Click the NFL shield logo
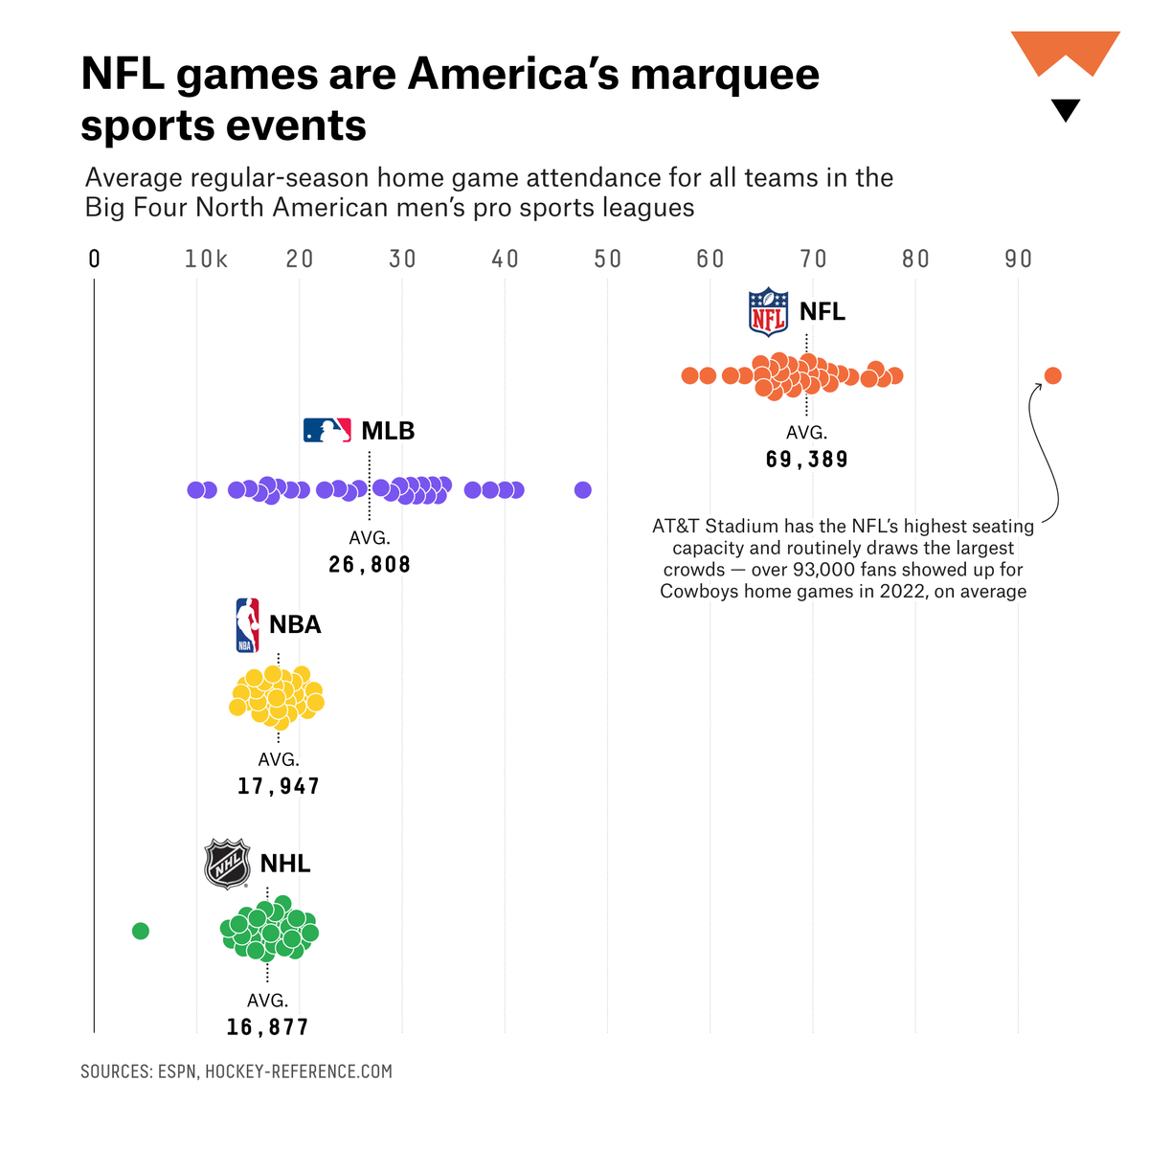tap(768, 312)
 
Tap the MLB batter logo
tap(327, 430)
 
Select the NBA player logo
tap(247, 625)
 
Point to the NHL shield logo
tap(228, 864)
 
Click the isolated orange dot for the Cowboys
tap(1052, 375)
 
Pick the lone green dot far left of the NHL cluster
tap(141, 931)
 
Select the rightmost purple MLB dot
tap(582, 490)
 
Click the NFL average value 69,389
tap(806, 460)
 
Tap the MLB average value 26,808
tap(370, 565)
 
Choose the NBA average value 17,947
tap(279, 786)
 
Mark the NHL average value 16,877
tap(267, 1027)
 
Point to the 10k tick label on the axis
tap(206, 259)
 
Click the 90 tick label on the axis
tap(1018, 259)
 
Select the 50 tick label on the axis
tap(607, 259)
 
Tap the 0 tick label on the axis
tap(94, 259)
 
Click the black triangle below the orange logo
tap(1065, 109)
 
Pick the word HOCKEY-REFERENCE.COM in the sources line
tap(299, 1071)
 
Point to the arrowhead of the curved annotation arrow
tap(1038, 385)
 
